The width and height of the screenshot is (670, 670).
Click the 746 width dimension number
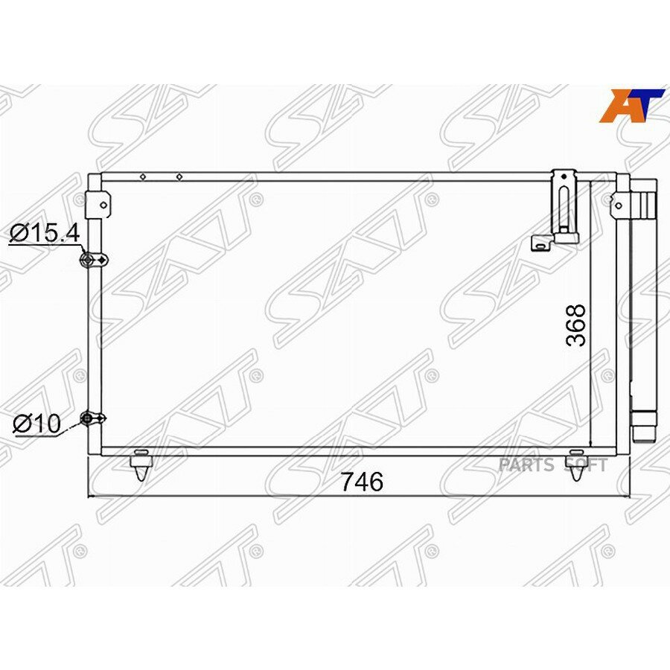tap(362, 482)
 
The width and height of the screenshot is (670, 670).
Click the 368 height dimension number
tap(575, 325)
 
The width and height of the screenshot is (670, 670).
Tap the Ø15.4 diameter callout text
tap(45, 233)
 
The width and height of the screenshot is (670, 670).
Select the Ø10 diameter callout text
tap(37, 424)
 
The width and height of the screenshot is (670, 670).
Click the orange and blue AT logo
tap(632, 106)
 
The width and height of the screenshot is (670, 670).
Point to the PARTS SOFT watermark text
tap(553, 465)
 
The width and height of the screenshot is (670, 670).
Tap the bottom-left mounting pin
tap(141, 465)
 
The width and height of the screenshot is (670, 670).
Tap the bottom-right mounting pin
tap(576, 465)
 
